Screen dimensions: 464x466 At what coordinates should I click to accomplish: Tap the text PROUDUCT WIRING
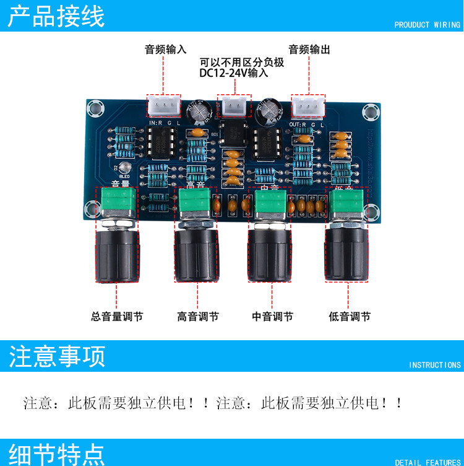point(427,25)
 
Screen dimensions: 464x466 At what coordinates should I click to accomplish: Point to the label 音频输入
point(165,50)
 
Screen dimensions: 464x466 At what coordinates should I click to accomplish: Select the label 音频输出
point(309,50)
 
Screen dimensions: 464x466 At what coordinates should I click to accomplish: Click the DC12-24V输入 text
point(234,73)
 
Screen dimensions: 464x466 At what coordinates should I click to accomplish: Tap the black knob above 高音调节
point(197,254)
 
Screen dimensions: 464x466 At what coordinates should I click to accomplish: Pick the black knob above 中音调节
point(271,254)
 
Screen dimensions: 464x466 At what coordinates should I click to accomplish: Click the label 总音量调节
point(117,317)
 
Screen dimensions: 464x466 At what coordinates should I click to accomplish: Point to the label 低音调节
point(350,317)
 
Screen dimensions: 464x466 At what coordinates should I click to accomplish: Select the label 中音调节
point(272,317)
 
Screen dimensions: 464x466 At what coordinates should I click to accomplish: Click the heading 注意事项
point(57,356)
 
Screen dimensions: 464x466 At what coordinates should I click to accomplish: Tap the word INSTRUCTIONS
point(434,365)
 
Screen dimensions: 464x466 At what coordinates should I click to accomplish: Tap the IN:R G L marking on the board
point(164,123)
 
